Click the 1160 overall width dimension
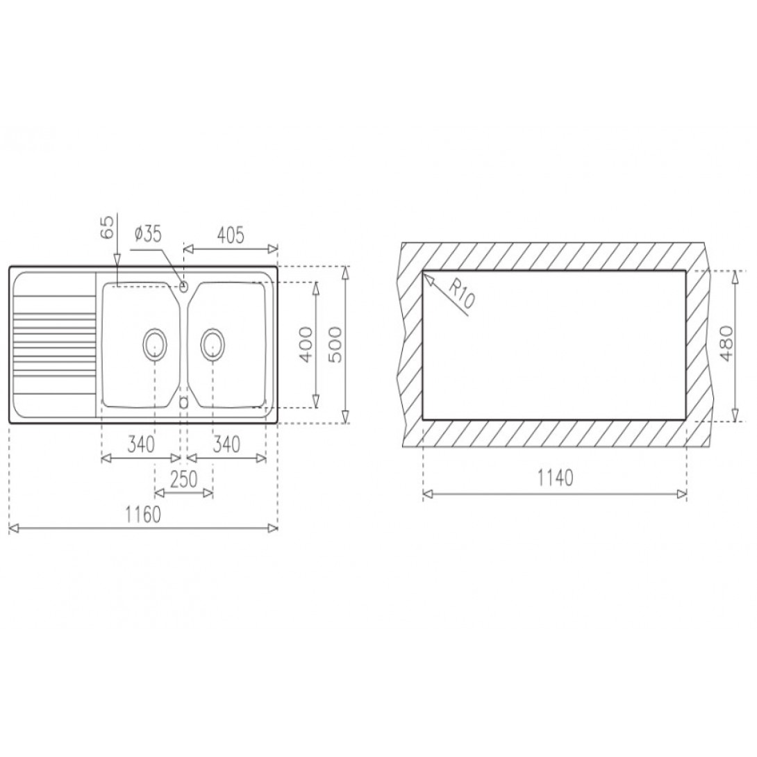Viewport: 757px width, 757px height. tap(143, 515)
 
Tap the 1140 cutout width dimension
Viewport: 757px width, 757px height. tap(555, 478)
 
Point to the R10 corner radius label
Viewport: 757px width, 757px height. tap(462, 294)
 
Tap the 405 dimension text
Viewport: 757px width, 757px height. tap(231, 235)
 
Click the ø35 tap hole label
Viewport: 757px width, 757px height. tap(147, 235)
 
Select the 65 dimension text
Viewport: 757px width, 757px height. tap(107, 227)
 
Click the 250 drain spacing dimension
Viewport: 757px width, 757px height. tap(184, 479)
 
